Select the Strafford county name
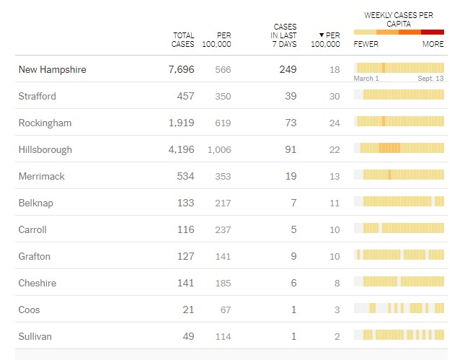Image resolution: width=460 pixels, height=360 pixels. pyautogui.click(x=37, y=96)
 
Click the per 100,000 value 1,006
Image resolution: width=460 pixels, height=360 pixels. pyautogui.click(x=219, y=149)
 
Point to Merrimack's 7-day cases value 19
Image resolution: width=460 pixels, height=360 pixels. pyautogui.click(x=291, y=176)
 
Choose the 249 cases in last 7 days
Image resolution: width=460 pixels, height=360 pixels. pyautogui.click(x=288, y=69)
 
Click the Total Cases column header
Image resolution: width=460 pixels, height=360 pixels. pyautogui.click(x=183, y=40)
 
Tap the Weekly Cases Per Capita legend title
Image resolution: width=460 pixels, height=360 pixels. pyautogui.click(x=399, y=19)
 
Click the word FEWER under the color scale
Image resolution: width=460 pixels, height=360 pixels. pyautogui.click(x=366, y=44)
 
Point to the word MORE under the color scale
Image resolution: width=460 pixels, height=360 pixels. pyautogui.click(x=433, y=44)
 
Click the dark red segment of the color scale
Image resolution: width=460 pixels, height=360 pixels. pyautogui.click(x=433, y=32)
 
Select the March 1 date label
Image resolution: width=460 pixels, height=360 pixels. pyautogui.click(x=366, y=78)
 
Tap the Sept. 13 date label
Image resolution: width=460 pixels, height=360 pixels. pyautogui.click(x=430, y=78)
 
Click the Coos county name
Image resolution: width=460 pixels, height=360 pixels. pyautogui.click(x=29, y=309)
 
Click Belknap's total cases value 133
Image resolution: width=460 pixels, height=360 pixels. pyautogui.click(x=185, y=203)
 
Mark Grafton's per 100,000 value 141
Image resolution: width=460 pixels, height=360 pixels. pyautogui.click(x=223, y=256)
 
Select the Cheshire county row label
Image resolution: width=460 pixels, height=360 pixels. pyautogui.click(x=37, y=283)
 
